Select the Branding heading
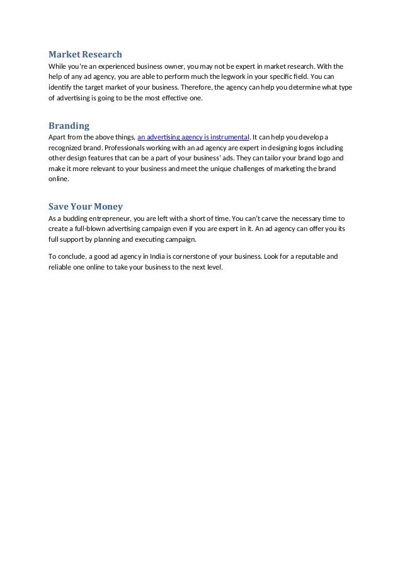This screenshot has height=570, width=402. pos(69,125)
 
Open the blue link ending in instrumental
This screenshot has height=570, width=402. pos(193,136)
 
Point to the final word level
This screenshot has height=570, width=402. pos(214,268)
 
